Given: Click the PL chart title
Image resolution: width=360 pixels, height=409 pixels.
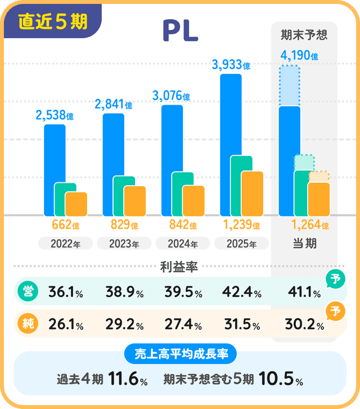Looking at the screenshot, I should pyautogui.click(x=180, y=31).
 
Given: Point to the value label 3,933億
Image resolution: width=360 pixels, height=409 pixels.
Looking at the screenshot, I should pyautogui.click(x=231, y=66).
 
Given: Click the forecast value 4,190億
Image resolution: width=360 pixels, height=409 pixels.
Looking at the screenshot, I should pyautogui.click(x=299, y=56).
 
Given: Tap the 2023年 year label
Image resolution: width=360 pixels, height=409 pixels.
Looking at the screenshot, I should pyautogui.click(x=124, y=244).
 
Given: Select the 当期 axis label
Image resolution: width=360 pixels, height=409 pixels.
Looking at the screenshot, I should pyautogui.click(x=304, y=244).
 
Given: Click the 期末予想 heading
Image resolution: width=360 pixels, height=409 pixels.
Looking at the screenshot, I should pyautogui.click(x=304, y=35).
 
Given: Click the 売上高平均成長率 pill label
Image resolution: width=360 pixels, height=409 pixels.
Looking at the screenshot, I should pyautogui.click(x=180, y=354).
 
